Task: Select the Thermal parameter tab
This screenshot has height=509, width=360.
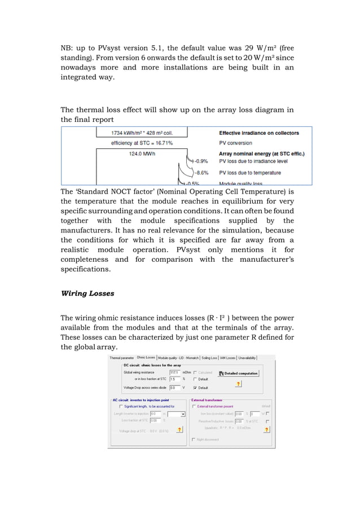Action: tap(122, 357)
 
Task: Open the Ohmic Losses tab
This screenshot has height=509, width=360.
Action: tap(146, 357)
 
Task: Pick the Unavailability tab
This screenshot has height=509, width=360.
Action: tap(247, 357)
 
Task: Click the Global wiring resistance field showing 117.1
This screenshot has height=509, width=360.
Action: tap(174, 372)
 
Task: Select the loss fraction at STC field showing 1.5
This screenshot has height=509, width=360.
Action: tap(174, 379)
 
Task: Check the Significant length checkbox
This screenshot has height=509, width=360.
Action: tap(120, 406)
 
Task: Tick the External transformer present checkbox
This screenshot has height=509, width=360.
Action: tap(194, 406)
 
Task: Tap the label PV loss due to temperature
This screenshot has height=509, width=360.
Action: tap(251, 172)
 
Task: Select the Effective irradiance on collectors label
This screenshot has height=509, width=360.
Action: tap(258, 133)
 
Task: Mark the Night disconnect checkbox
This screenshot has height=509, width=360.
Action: tap(194, 439)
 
